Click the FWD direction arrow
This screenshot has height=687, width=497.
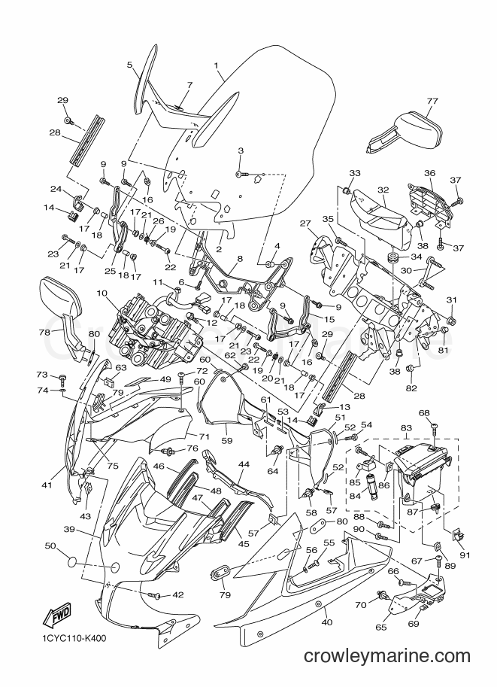coord(56,618)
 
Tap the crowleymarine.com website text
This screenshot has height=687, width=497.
coord(387,655)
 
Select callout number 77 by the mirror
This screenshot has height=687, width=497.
coord(432,101)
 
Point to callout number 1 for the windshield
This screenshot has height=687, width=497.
coord(217,65)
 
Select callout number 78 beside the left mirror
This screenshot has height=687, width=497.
coord(45,333)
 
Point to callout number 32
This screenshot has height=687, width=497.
coord(383,190)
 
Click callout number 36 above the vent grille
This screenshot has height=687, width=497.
coord(429,173)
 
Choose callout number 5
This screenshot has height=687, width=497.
coord(129,65)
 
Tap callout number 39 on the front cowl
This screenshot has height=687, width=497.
coord(70,530)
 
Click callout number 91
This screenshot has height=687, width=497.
coord(465,555)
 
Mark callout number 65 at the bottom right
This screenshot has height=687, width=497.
coord(381,627)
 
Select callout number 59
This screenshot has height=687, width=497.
coord(227,440)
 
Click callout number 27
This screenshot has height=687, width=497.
coord(305,223)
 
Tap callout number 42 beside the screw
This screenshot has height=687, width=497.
coord(177,595)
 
